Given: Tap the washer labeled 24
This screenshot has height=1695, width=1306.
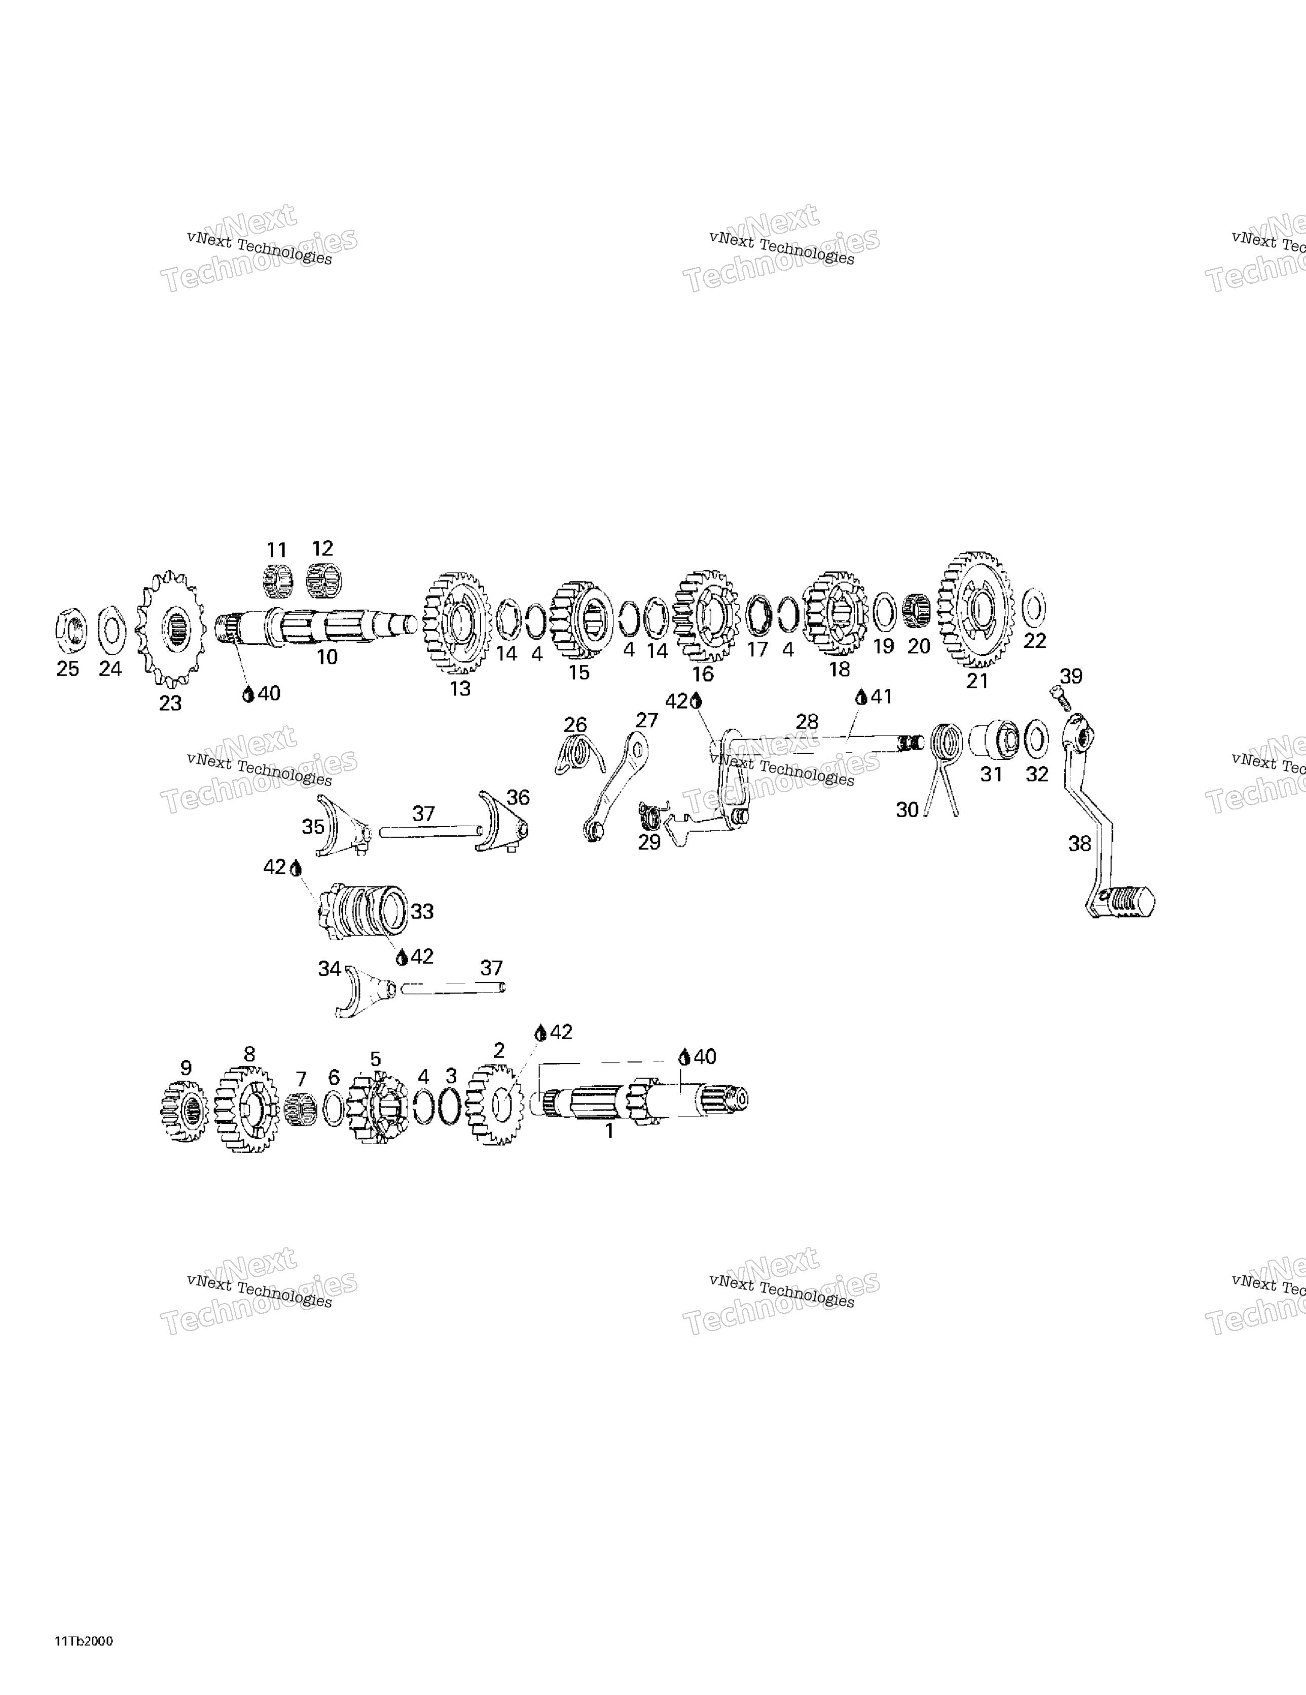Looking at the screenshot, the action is [x=112, y=629].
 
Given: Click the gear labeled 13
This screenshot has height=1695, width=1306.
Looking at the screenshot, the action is [x=457, y=623].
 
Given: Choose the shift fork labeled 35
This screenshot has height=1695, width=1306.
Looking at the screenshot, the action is [x=344, y=824].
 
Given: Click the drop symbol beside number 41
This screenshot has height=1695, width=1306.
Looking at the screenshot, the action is [x=860, y=697].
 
